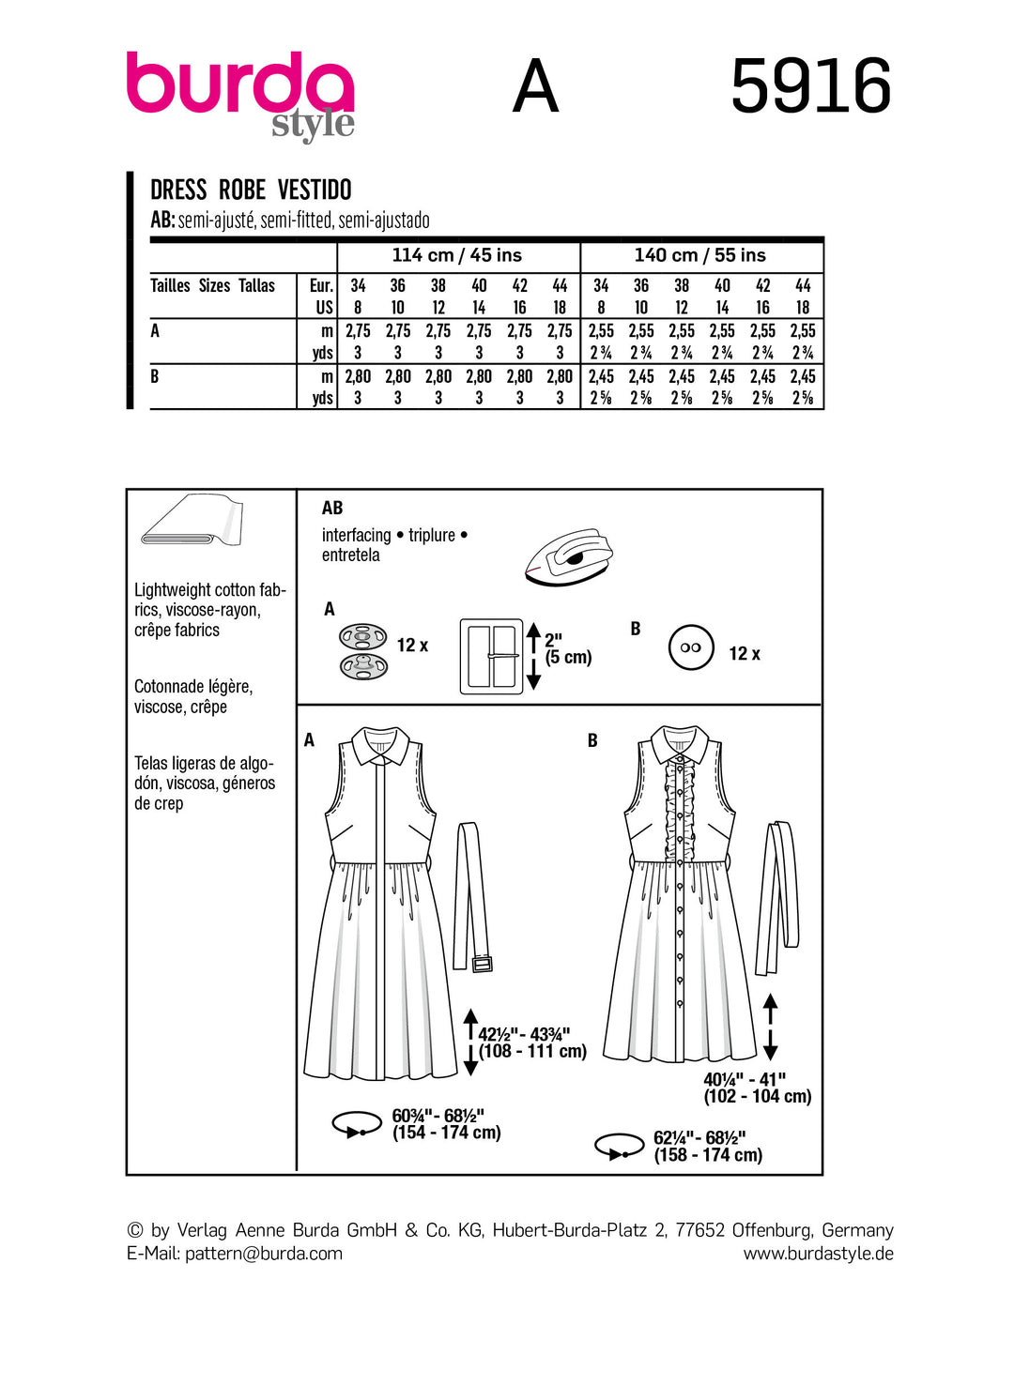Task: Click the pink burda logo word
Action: pos(239,84)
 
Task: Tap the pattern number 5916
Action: pos(810,86)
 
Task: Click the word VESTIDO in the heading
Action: pos(315,190)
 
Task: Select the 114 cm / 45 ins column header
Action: pos(457,255)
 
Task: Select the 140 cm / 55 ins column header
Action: pos(700,255)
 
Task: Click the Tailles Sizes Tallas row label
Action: pos(213,285)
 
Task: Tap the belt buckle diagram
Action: pos(491,656)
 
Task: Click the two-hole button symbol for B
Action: pos(691,647)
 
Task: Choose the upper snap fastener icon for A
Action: pos(362,637)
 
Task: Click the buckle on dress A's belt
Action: pos(482,964)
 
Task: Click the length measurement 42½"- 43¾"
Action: pos(524,1034)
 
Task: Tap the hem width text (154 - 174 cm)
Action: pos(447,1133)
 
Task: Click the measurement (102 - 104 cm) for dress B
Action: pos(758,1096)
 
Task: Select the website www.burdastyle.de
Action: pos(818,1254)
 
